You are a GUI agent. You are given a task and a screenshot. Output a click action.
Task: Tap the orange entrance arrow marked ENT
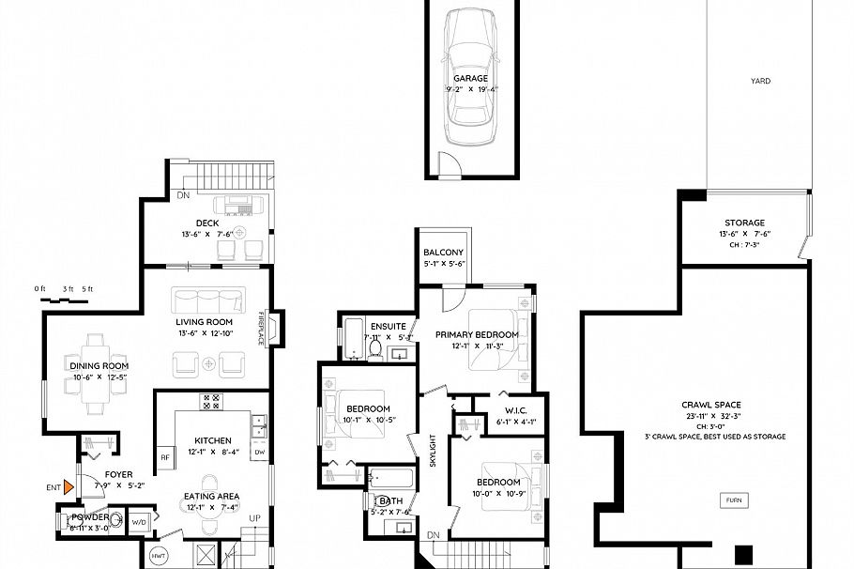coord(68,486)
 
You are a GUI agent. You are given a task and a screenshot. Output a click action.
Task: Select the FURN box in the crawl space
coord(734,500)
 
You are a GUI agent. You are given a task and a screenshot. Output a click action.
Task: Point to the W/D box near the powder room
coord(139,521)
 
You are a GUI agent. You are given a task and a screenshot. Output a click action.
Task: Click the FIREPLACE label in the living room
coord(262,328)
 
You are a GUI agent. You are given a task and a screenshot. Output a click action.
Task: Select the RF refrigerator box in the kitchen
coord(165,458)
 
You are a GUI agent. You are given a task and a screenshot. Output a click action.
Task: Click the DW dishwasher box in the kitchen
coord(259,452)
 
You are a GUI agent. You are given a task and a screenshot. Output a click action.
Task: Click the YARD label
coord(760,82)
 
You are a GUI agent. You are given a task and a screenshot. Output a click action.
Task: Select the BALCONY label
coord(443,253)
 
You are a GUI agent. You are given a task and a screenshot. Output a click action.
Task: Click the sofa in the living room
coord(207,300)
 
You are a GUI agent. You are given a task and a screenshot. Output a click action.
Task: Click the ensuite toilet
coord(374,349)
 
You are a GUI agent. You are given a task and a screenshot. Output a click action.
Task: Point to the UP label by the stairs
coord(253,518)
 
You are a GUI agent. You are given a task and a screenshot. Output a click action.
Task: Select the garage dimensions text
coord(471,90)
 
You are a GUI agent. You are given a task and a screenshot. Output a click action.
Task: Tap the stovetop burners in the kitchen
coord(211,401)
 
